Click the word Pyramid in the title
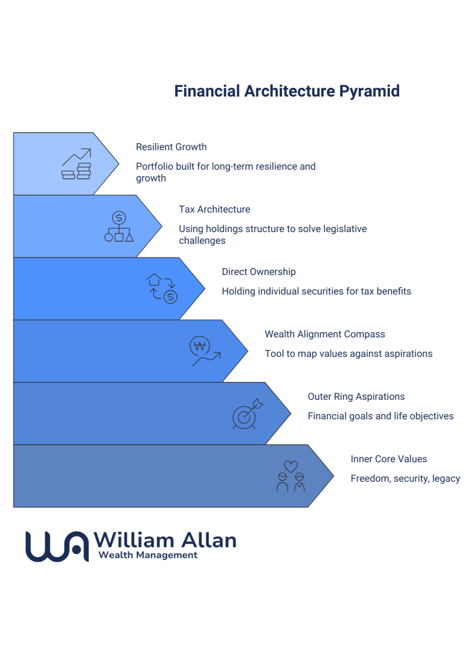pyautogui.click(x=369, y=91)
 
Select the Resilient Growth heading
pyautogui.click(x=171, y=147)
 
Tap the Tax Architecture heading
pyautogui.click(x=214, y=210)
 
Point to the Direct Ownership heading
pyautogui.click(x=259, y=272)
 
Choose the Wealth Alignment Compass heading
pyautogui.click(x=325, y=334)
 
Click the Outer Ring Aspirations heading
pyautogui.click(x=356, y=397)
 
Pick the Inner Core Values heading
pyautogui.click(x=389, y=459)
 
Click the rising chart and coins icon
pyautogui.click(x=77, y=164)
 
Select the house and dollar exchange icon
pyautogui.click(x=162, y=289)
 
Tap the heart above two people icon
pyautogui.click(x=291, y=476)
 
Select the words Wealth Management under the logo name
pyautogui.click(x=148, y=555)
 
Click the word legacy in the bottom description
pyautogui.click(x=446, y=479)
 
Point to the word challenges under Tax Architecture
pyautogui.click(x=202, y=241)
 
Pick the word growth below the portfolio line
pyautogui.click(x=151, y=178)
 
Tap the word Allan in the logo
pyautogui.click(x=208, y=540)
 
